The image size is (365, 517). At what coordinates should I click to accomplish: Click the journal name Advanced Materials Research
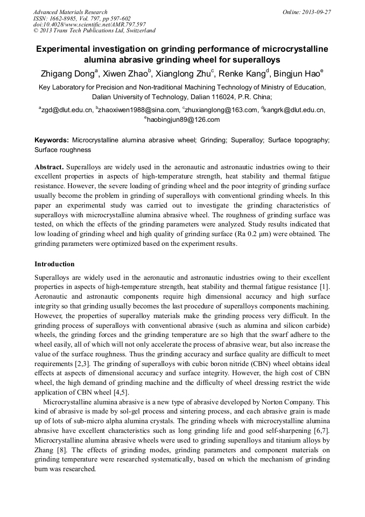70,12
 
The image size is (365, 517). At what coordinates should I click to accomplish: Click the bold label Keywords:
52,140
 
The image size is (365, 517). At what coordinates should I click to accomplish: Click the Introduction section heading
54,264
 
